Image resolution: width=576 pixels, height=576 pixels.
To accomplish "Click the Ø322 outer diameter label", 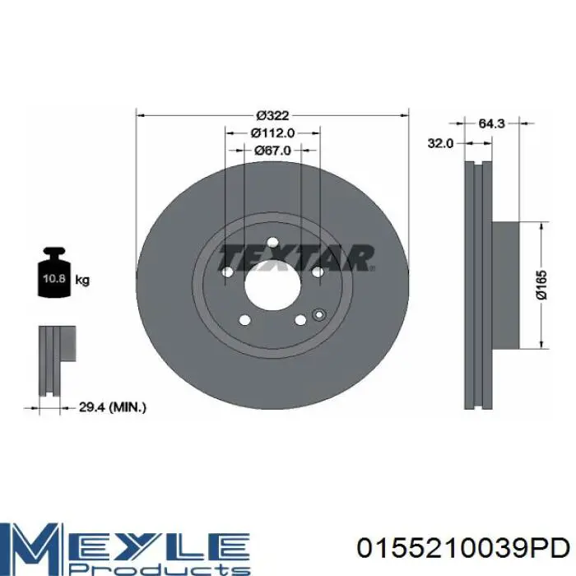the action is coord(272,116).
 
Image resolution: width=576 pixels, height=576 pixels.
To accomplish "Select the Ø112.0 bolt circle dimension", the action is coord(272,132).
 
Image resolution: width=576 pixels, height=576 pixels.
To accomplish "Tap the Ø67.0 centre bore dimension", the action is coord(272,151).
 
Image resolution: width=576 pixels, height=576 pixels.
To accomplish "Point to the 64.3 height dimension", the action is coord(491,123).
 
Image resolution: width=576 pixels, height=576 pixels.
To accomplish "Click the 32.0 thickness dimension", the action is coord(440,143).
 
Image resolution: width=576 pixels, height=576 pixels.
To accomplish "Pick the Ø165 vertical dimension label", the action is coord(541,285).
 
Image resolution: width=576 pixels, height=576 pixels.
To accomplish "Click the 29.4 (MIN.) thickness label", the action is coord(113,407).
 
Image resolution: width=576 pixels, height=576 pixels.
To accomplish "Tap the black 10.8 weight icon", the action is coord(53,272).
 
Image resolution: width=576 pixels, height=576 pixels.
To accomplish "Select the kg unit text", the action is coord(82,281).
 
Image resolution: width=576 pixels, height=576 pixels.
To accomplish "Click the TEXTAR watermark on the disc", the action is coord(296,258).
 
